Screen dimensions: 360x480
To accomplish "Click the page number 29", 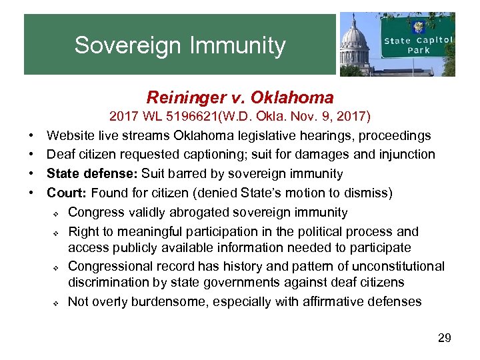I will click(x=444, y=338).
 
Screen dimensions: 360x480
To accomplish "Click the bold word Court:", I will click(x=67, y=193).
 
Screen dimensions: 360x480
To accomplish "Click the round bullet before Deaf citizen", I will click(x=33, y=155).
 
